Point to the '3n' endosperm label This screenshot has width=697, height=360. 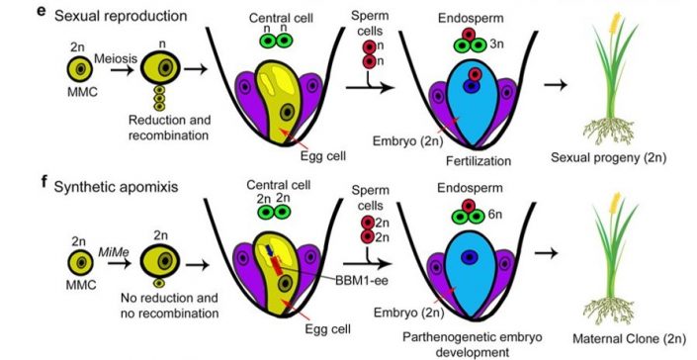click(x=506, y=45)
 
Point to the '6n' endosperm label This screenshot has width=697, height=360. click(x=506, y=217)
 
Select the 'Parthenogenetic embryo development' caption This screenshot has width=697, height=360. click(x=479, y=342)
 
